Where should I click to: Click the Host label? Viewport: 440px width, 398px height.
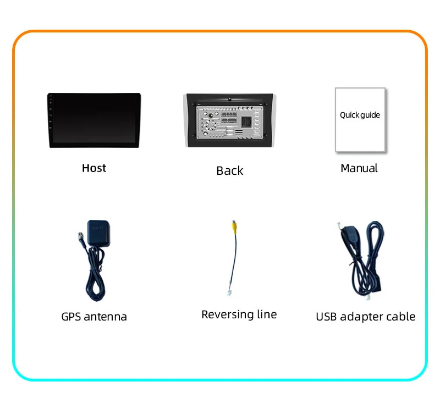tap(94, 168)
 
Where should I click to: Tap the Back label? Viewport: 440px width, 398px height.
tap(229, 171)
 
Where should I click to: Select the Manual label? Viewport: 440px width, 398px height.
tap(359, 168)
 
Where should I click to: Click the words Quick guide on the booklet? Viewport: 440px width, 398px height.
tap(360, 115)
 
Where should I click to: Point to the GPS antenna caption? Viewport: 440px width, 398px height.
tap(94, 317)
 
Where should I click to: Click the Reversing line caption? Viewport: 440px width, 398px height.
tap(239, 314)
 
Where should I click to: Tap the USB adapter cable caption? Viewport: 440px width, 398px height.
tap(365, 317)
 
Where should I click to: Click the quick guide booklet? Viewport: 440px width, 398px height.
tap(360, 120)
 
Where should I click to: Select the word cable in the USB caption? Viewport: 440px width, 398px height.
tap(399, 317)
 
